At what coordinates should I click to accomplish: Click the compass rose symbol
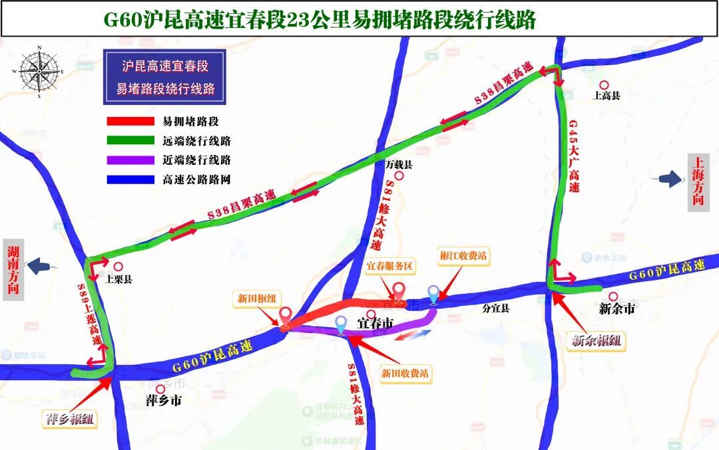click(x=39, y=71)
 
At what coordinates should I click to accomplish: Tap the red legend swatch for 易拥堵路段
click(x=130, y=122)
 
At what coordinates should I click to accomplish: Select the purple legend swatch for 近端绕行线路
click(x=130, y=160)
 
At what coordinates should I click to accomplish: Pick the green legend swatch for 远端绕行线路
click(x=130, y=141)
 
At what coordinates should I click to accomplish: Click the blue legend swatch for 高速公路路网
click(x=130, y=179)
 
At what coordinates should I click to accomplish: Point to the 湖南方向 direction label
click(x=13, y=269)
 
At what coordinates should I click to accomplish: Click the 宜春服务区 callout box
click(x=390, y=267)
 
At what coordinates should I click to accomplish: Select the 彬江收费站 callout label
click(x=463, y=255)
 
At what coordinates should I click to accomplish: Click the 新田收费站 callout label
click(x=405, y=374)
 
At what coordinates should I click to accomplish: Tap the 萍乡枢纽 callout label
click(x=69, y=419)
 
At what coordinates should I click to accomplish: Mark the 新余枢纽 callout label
click(x=597, y=341)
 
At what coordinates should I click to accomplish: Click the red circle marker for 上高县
click(x=604, y=85)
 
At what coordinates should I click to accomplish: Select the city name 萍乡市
click(x=163, y=401)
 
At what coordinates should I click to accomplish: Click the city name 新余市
click(x=616, y=308)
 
